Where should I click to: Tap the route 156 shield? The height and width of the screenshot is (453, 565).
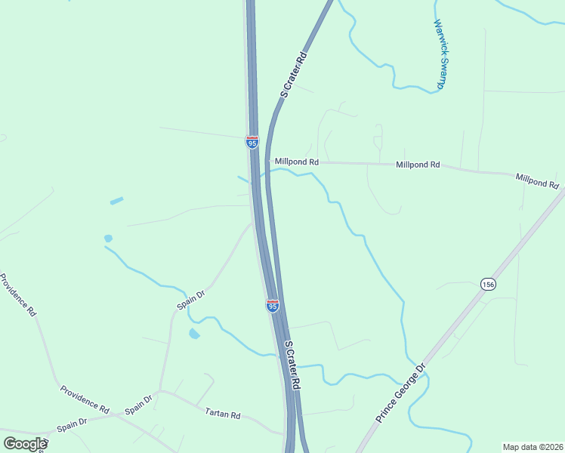[x=487, y=284]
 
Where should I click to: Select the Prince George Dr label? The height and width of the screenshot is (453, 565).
[x=402, y=393]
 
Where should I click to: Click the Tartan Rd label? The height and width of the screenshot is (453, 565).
[x=223, y=414]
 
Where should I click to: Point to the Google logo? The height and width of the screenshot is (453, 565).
[x=24, y=444]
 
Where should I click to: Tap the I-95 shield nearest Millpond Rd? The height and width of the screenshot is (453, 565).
[x=252, y=142]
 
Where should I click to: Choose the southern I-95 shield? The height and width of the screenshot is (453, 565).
[x=273, y=306]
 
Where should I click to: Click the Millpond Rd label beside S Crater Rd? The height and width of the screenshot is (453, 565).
[x=297, y=162]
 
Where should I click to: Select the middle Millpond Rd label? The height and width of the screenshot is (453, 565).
[x=418, y=164]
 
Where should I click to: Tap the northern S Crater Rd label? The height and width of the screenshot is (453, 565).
[x=294, y=75]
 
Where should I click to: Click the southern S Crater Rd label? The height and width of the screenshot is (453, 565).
[x=292, y=365]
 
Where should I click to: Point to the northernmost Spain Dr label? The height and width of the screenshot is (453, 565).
[x=191, y=300]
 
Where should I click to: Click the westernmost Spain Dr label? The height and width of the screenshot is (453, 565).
[x=72, y=425]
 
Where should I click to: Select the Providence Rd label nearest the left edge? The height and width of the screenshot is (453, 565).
[x=18, y=294]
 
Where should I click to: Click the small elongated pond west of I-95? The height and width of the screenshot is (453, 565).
[x=116, y=202]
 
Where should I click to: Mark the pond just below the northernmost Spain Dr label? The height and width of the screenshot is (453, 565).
[x=194, y=333]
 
